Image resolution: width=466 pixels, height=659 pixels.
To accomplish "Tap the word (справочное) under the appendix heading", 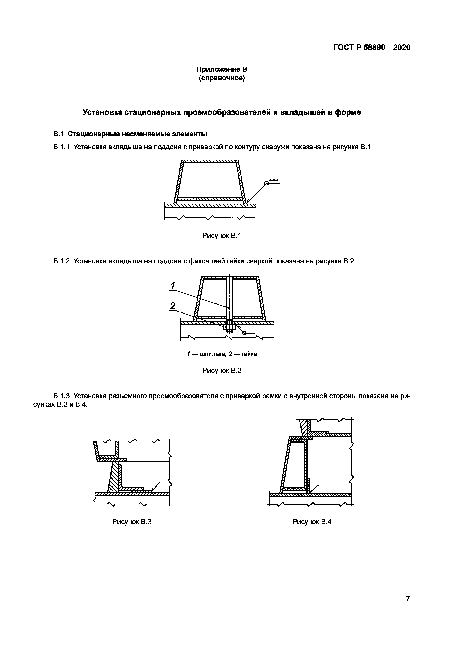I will click(x=222, y=78).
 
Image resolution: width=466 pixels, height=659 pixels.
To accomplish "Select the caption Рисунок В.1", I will click(x=222, y=236).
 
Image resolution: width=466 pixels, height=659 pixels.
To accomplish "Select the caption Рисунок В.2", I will click(x=222, y=371).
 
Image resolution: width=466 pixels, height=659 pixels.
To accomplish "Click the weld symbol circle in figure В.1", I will click(x=266, y=183).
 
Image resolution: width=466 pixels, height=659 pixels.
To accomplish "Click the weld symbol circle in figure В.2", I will click(x=244, y=333).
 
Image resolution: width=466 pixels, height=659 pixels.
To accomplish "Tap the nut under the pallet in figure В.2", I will click(x=230, y=327).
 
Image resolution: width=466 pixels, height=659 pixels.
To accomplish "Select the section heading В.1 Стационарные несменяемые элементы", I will click(x=130, y=134).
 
